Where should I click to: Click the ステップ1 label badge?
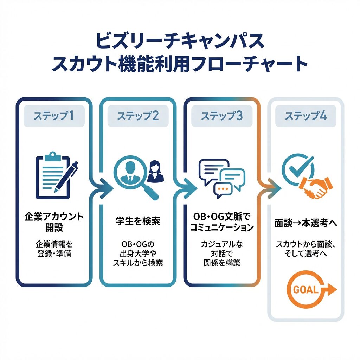pos(54,116)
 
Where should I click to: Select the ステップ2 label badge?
pos(137,116)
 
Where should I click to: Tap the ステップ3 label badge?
pos(221,116)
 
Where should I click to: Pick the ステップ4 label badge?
pos(306,116)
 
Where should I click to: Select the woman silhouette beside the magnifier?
pos(156,171)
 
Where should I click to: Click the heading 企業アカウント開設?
pos(54,221)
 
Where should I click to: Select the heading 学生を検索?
pos(137,221)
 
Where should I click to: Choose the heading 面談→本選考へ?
pos(306,223)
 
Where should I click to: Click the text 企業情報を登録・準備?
pos(54,248)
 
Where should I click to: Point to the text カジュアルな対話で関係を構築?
pos(221,253)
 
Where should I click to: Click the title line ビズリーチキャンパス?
pos(180,41)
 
